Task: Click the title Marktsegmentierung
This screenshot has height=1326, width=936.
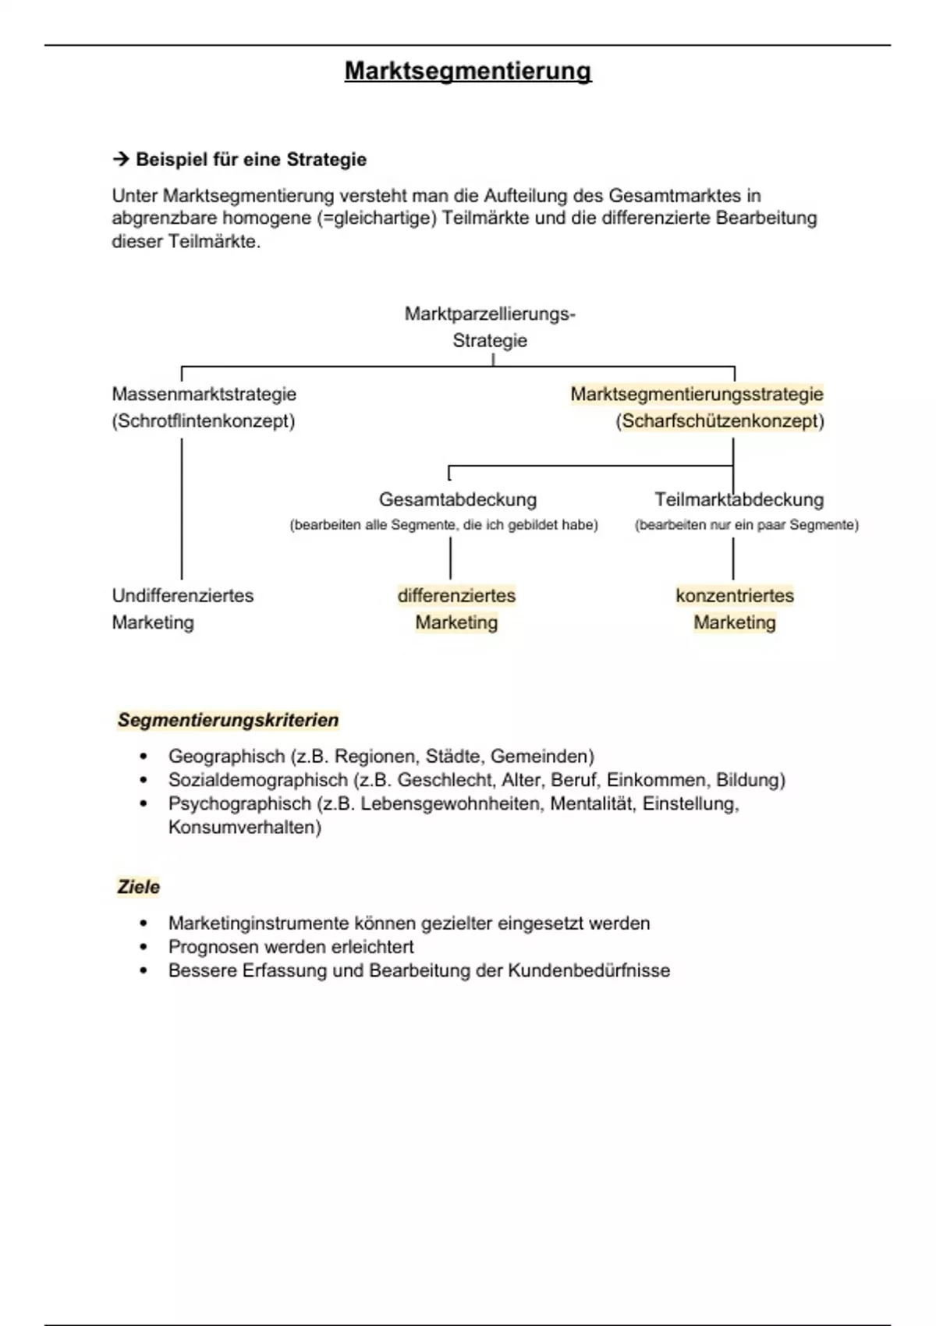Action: tap(468, 71)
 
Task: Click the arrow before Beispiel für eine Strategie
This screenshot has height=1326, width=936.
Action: tap(120, 160)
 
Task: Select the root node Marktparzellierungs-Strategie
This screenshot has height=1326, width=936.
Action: tap(490, 327)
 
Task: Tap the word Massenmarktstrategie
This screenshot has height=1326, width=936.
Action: tap(204, 394)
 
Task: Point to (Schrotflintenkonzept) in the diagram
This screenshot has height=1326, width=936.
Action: tap(203, 421)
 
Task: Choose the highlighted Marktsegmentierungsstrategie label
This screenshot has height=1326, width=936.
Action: tap(697, 394)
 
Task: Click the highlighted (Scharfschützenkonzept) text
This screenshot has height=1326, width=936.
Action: tap(719, 421)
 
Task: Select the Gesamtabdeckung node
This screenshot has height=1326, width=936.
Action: tap(458, 499)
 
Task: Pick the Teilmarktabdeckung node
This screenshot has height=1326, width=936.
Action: tap(739, 499)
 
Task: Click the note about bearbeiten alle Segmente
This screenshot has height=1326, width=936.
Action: tap(444, 525)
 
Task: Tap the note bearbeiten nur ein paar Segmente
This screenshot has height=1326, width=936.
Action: tap(746, 525)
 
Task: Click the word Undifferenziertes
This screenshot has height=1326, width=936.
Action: tap(183, 596)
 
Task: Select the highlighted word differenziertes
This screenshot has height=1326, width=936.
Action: tap(456, 596)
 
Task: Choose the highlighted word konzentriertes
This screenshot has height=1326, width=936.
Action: tap(735, 596)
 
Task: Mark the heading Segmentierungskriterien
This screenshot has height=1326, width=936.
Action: tap(228, 720)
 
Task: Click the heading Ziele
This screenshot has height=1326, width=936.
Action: tap(138, 887)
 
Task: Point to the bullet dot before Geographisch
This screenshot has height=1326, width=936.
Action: tap(143, 757)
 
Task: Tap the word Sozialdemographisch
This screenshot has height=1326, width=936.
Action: tap(257, 780)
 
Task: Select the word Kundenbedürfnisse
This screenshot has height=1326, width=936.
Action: tap(589, 970)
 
